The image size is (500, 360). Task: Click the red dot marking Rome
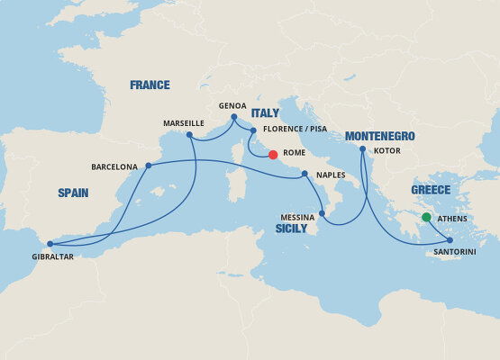pyautogui.click(x=273, y=154)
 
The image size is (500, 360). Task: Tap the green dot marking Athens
pyautogui.click(x=426, y=217)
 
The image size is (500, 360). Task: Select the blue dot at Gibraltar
pyautogui.click(x=50, y=244)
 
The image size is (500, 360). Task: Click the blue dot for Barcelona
pyautogui.click(x=148, y=166)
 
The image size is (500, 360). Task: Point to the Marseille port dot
pyautogui.click(x=189, y=135)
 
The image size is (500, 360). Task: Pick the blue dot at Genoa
pyautogui.click(x=234, y=117)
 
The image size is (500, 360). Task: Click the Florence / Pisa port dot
pyautogui.click(x=253, y=130)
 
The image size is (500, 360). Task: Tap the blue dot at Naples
pyautogui.click(x=305, y=174)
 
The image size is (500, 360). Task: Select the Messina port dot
pyautogui.click(x=322, y=213)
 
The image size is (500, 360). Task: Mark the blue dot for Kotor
pyautogui.click(x=362, y=149)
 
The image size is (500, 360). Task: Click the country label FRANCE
pyautogui.click(x=150, y=85)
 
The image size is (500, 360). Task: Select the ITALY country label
pyautogui.click(x=265, y=113)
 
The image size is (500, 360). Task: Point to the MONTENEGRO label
pyautogui.click(x=379, y=136)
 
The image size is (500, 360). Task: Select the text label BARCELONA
pyautogui.click(x=114, y=166)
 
